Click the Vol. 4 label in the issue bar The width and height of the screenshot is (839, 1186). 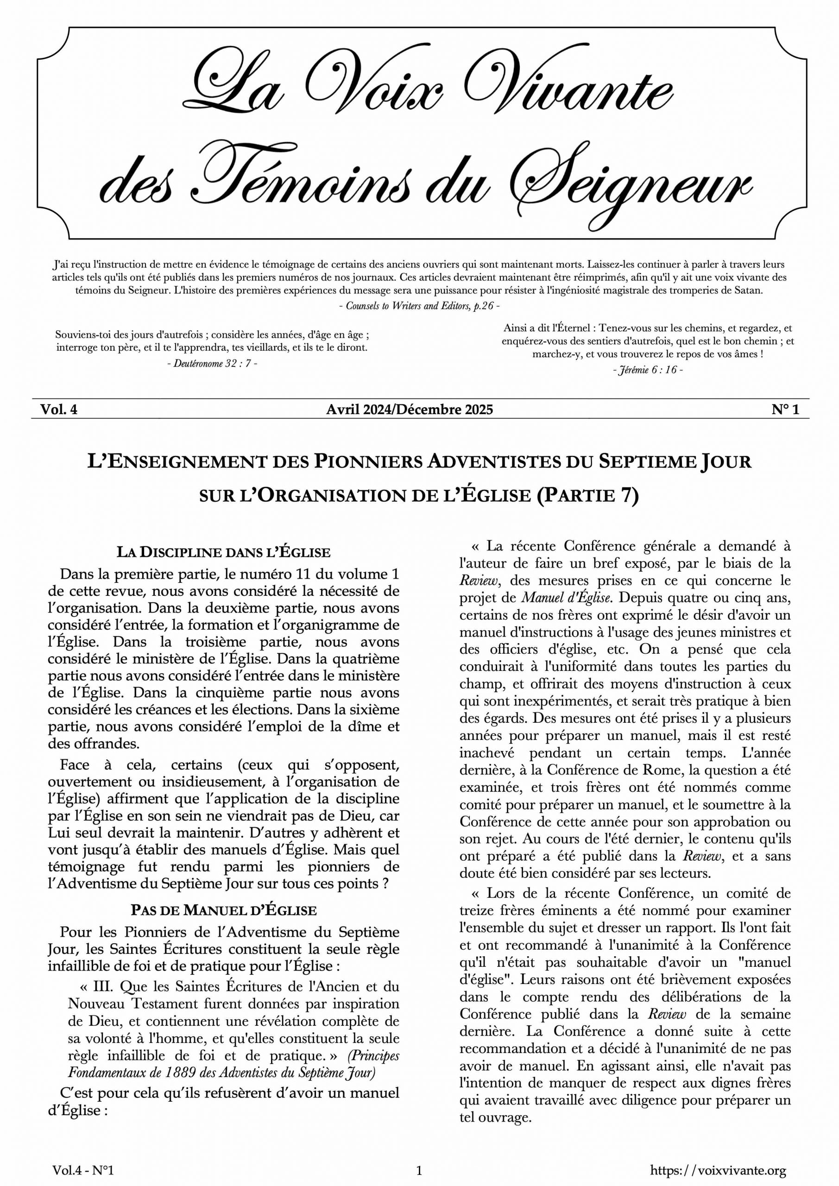click(59, 410)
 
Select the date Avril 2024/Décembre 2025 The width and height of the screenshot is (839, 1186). click(409, 410)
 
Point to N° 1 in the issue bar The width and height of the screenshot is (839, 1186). click(785, 410)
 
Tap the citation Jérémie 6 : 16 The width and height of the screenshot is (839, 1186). click(648, 370)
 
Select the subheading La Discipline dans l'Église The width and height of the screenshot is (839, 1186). click(223, 552)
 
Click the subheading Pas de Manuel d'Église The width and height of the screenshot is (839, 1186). click(223, 909)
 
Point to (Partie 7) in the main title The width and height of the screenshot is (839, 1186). click(587, 495)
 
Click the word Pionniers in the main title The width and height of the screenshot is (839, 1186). click(368, 461)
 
